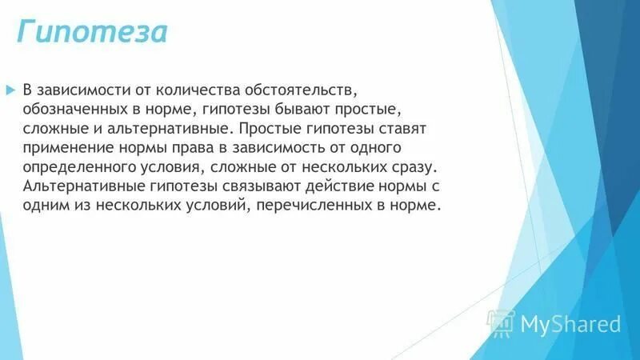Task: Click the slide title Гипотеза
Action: [93, 33]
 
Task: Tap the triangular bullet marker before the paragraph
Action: [10, 87]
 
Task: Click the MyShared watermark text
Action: [570, 324]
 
